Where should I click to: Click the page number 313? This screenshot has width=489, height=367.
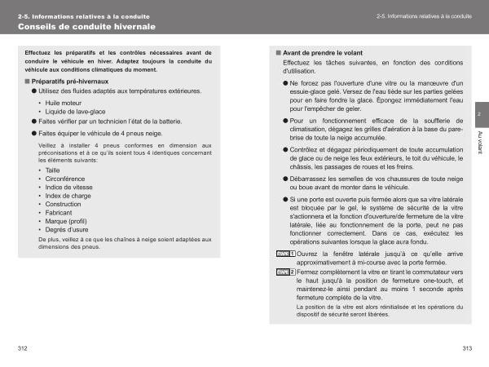click(467, 349)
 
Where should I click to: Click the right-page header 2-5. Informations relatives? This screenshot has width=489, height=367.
click(425, 16)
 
